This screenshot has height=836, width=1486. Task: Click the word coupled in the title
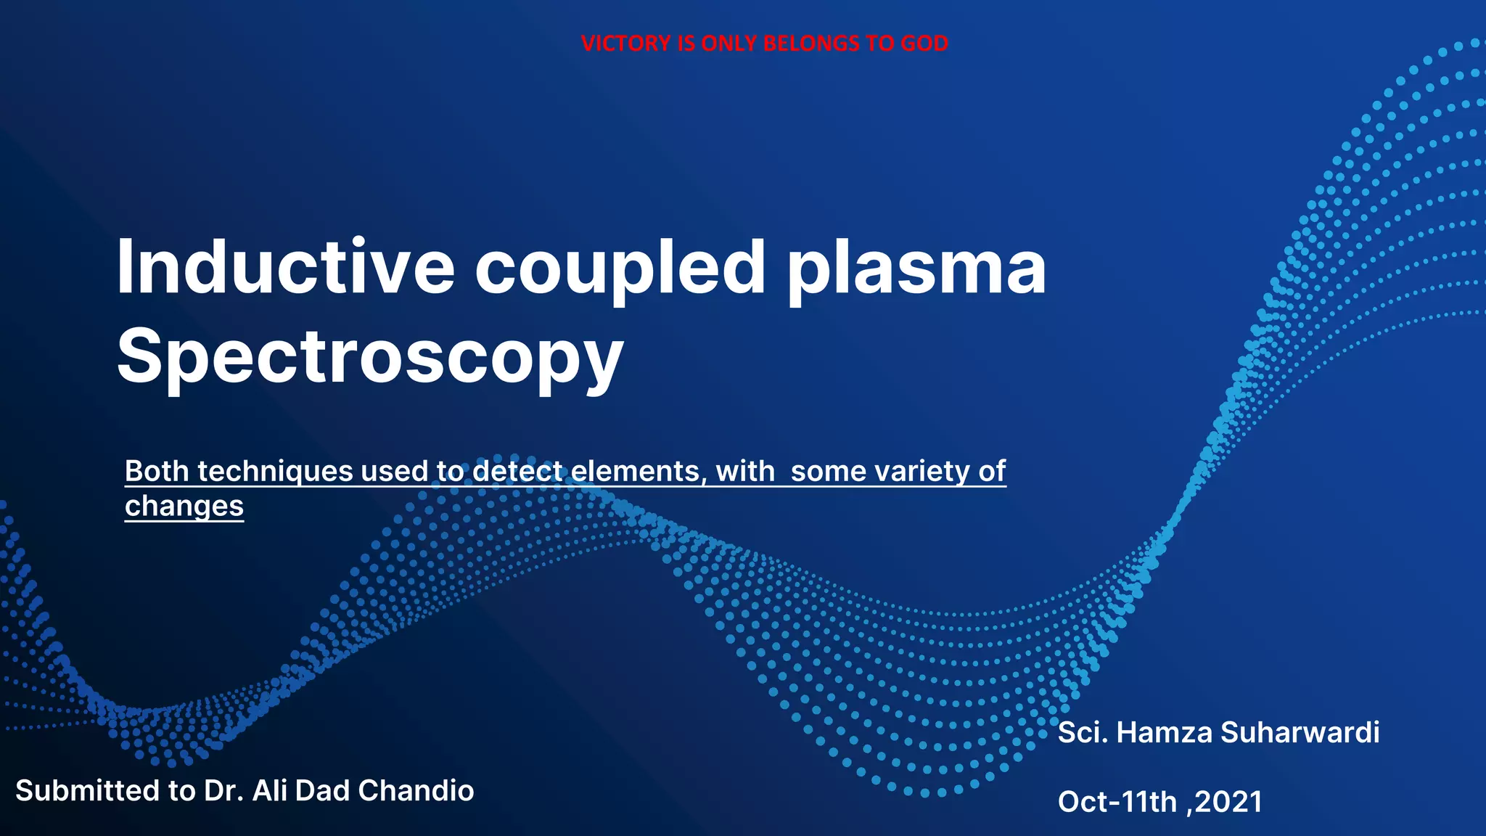coord(620,267)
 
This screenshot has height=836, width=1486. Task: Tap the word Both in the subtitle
coord(157,471)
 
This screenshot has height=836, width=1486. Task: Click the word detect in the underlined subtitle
coord(518,471)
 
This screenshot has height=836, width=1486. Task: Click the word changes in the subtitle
coord(184,506)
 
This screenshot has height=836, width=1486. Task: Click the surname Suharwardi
coord(1300,732)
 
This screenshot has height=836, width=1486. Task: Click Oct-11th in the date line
coord(1117,802)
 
